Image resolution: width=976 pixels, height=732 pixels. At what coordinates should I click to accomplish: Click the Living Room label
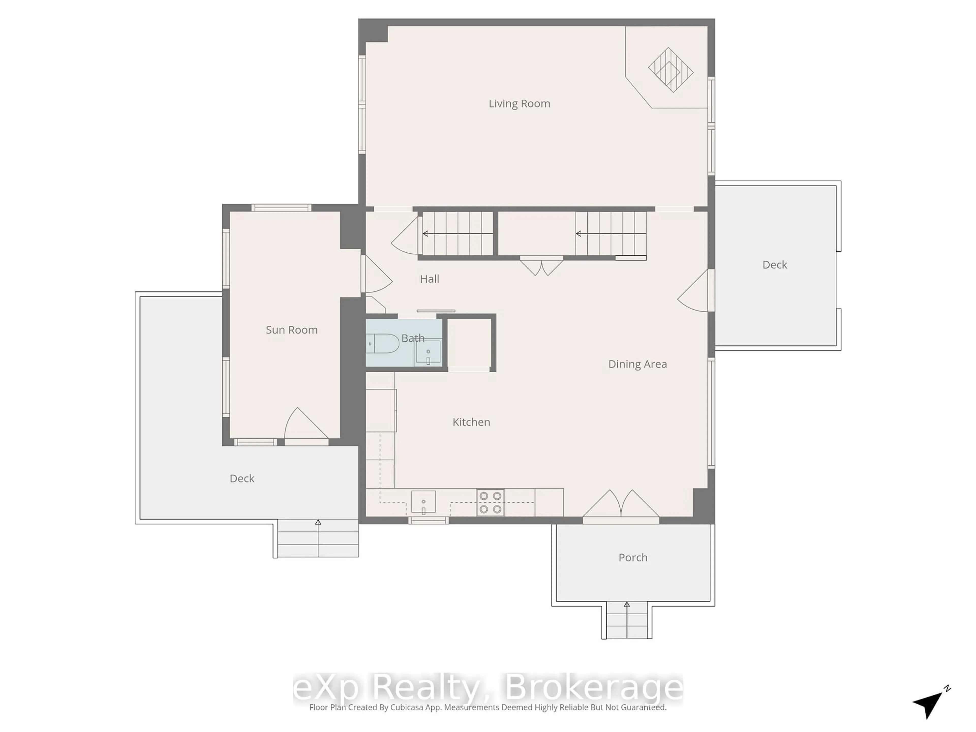click(519, 104)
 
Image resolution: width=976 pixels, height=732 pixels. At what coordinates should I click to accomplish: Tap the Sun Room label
click(292, 330)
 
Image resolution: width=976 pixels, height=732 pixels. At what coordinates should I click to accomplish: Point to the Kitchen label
click(471, 422)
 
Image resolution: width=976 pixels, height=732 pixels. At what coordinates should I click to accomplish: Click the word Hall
click(429, 279)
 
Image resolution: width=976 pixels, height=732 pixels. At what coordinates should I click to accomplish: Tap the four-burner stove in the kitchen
click(490, 502)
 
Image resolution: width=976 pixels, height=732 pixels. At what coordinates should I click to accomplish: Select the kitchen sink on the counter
click(424, 502)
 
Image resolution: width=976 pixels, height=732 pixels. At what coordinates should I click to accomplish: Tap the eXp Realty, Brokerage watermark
click(488, 688)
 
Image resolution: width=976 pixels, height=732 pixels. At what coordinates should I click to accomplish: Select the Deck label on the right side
click(775, 265)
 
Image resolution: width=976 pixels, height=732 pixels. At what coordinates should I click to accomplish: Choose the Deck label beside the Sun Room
click(242, 479)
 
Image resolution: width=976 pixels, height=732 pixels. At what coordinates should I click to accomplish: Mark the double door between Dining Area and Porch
click(621, 505)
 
